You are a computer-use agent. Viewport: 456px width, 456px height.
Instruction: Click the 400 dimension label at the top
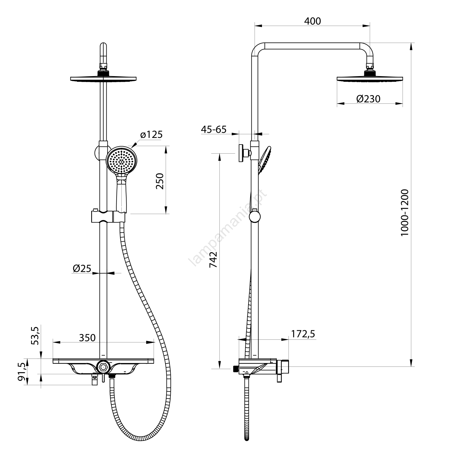pos(312,21)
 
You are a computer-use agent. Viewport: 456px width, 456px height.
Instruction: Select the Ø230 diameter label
pos(368,99)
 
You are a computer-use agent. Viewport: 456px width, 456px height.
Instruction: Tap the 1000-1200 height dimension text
pos(405,213)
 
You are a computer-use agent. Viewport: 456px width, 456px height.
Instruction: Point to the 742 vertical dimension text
pos(213,260)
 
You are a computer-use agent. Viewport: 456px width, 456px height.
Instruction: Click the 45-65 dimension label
pos(214,129)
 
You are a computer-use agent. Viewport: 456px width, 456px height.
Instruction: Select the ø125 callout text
pos(151,135)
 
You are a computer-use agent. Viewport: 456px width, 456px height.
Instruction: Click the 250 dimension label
pos(160,181)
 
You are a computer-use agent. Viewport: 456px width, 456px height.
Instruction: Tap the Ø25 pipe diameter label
pos(82,268)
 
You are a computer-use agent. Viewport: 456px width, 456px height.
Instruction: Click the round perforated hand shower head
pos(122,160)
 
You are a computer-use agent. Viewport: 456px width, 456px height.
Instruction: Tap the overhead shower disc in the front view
pos(103,79)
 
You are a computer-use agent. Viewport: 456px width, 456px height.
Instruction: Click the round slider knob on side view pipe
pos(255,217)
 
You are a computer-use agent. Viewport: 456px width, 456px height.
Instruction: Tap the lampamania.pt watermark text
pos(228,228)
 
